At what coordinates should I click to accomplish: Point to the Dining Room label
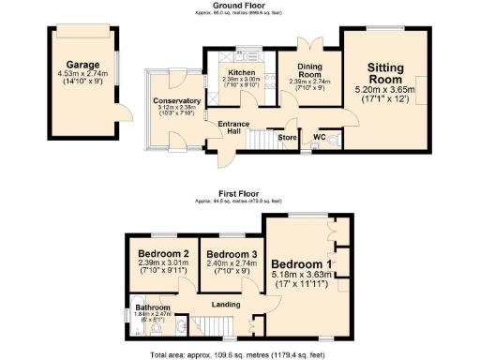tap(309, 69)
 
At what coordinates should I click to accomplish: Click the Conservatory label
tap(176, 101)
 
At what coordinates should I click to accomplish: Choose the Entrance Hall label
tap(232, 128)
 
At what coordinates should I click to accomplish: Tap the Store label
tap(287, 138)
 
